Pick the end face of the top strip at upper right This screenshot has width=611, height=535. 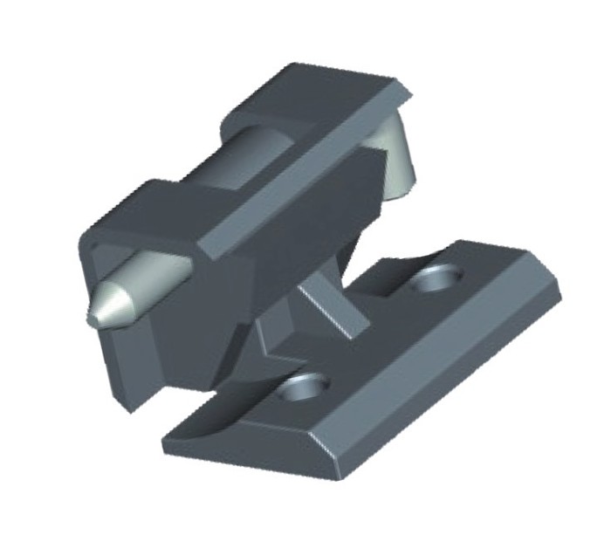[406, 92]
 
